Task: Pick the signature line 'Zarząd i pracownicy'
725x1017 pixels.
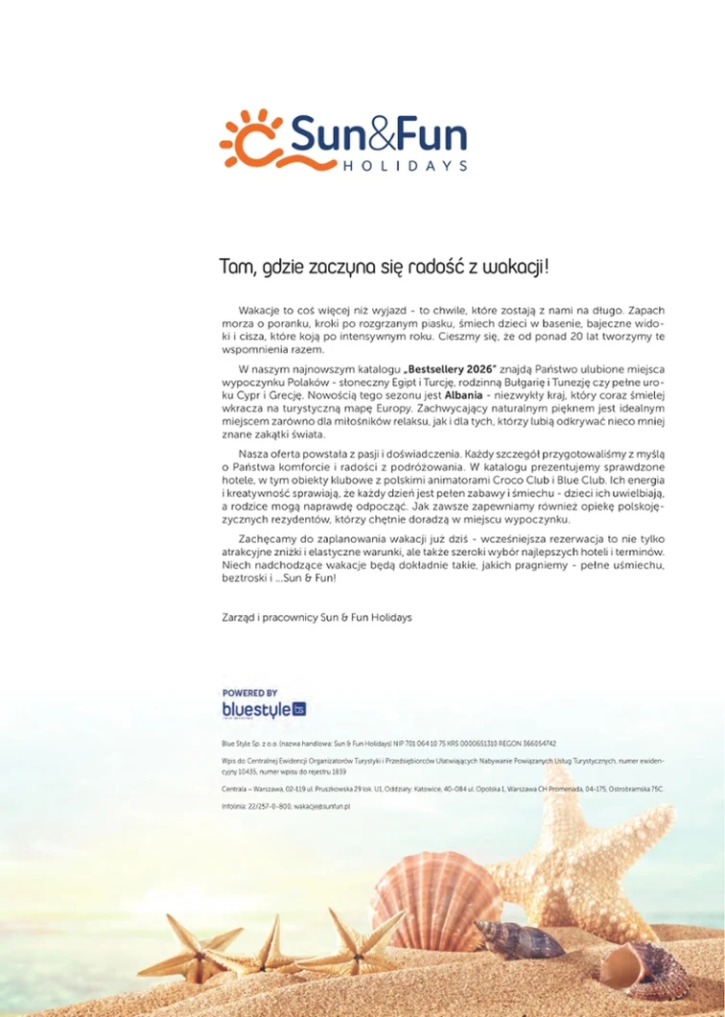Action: pyautogui.click(x=278, y=617)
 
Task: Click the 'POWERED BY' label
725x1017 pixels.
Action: pyautogui.click(x=249, y=693)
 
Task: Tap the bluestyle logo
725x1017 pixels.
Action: pyautogui.click(x=263, y=710)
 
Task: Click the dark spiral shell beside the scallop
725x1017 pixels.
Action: pyautogui.click(x=520, y=938)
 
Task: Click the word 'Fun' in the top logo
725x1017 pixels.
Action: pyautogui.click(x=432, y=136)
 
